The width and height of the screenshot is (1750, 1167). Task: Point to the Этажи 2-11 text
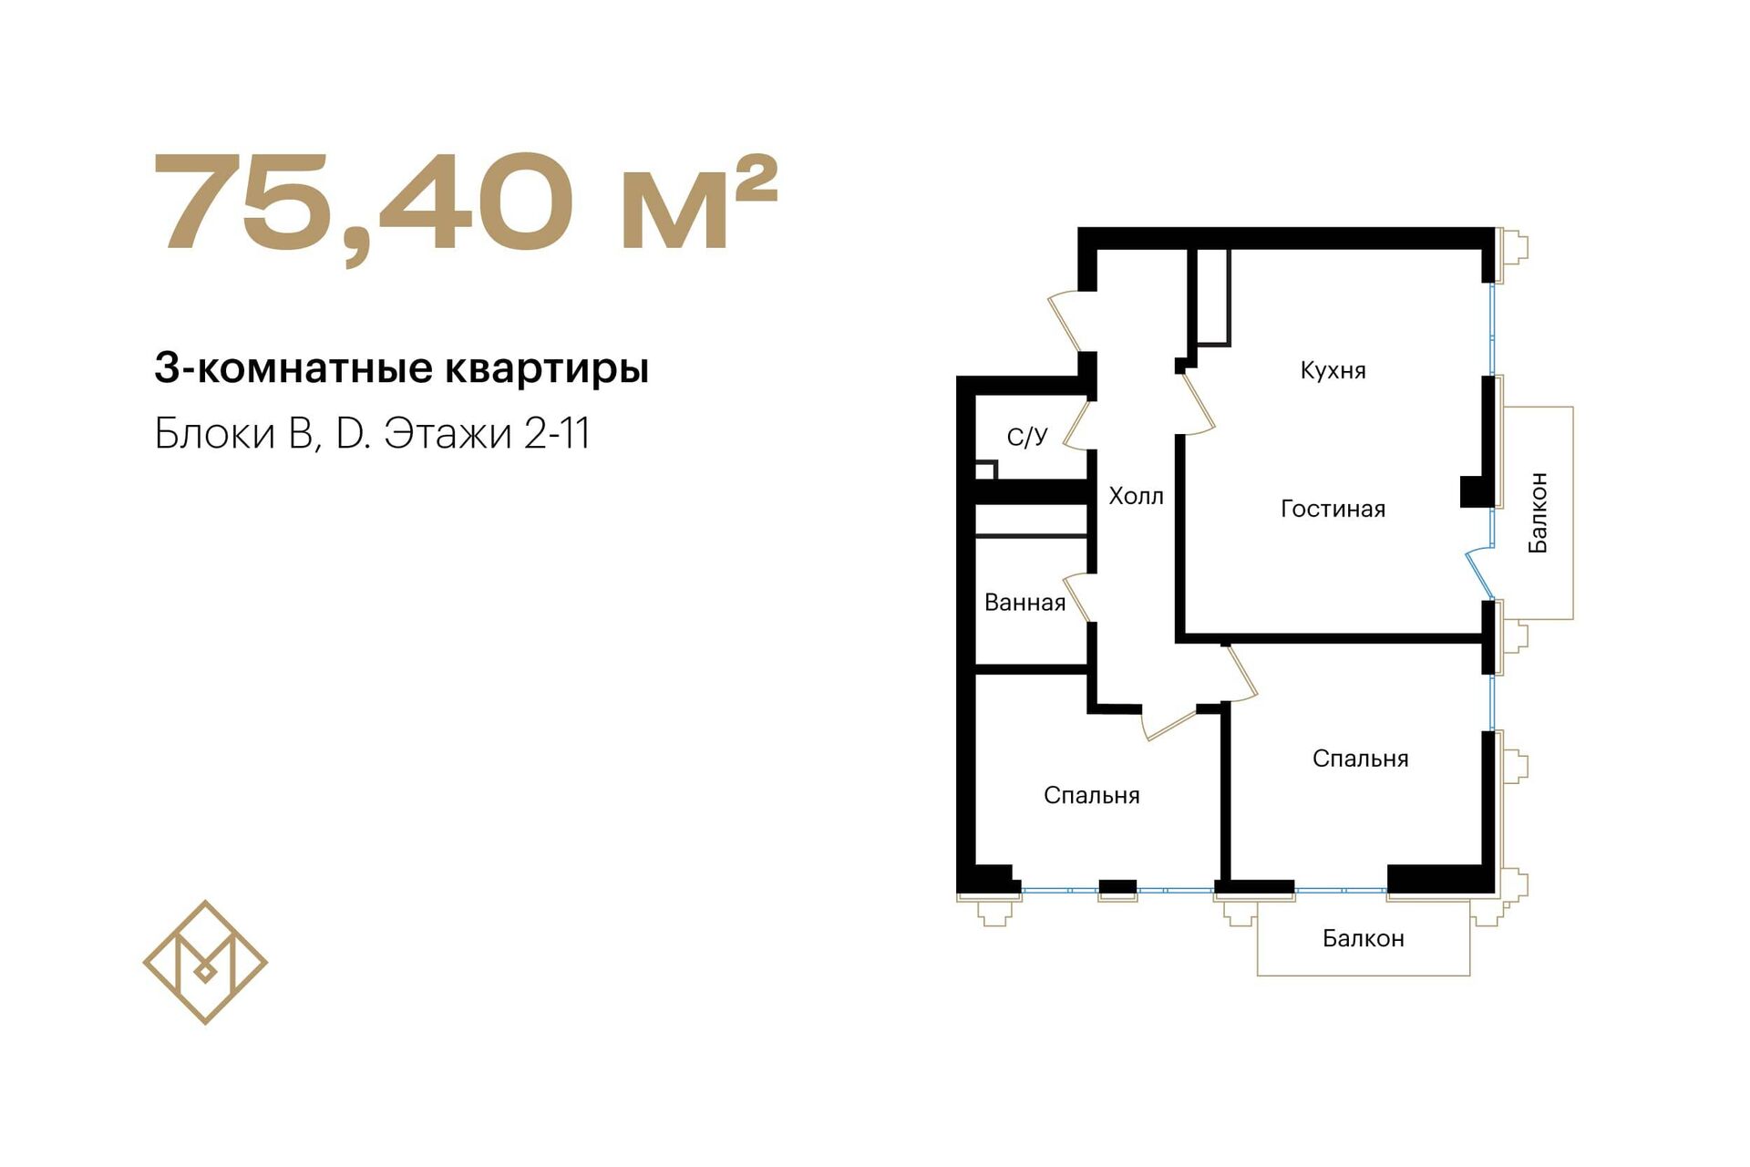point(487,434)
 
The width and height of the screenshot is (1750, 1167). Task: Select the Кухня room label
point(1333,371)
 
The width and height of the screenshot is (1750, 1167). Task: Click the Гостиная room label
point(1333,509)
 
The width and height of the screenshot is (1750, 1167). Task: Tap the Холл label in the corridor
point(1136,496)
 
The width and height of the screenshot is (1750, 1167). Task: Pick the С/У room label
point(1027,437)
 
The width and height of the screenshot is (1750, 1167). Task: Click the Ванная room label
point(1024,603)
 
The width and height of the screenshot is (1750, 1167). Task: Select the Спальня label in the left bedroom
point(1091,796)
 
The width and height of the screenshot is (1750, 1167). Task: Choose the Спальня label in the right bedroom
point(1360,759)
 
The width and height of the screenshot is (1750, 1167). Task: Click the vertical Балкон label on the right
point(1538,512)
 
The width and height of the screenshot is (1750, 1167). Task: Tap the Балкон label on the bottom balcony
point(1363,938)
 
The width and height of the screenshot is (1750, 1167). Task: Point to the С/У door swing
point(1077,425)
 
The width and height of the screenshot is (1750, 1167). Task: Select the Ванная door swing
point(1078,598)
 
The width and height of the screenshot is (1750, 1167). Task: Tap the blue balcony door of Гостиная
point(1479,573)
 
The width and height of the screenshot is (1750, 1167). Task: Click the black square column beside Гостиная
point(1474,491)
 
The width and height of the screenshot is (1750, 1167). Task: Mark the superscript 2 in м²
point(756,179)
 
